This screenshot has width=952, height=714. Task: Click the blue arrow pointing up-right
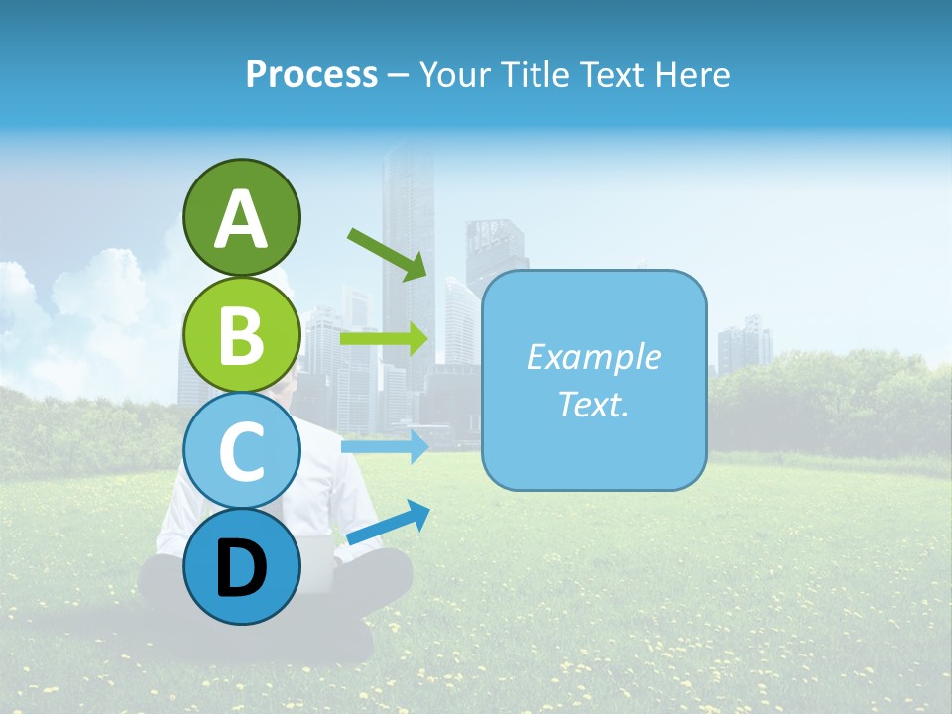click(388, 523)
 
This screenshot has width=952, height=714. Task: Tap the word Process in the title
click(311, 74)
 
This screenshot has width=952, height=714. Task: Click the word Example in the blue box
click(593, 357)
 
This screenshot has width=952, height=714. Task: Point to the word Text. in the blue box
click(593, 404)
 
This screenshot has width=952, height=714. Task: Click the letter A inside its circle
click(241, 219)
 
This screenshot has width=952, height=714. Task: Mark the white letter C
click(241, 451)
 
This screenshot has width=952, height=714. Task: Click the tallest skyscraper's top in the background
click(408, 149)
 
